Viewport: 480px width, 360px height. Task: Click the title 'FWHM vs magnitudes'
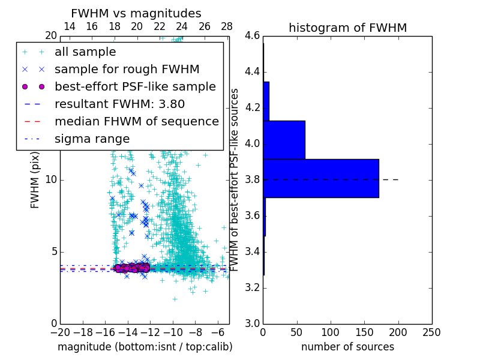click(x=136, y=13)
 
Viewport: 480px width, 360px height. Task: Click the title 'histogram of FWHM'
click(x=347, y=28)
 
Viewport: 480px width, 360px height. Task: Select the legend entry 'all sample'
click(x=85, y=52)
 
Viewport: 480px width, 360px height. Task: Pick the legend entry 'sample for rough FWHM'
click(x=127, y=70)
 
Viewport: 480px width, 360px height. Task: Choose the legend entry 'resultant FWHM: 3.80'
click(x=119, y=104)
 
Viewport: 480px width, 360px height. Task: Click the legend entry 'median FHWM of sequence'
click(x=136, y=121)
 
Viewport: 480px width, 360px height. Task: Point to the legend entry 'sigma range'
click(x=92, y=139)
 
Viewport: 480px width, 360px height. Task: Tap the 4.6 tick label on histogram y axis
click(x=253, y=36)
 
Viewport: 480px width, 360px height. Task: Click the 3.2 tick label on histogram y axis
click(x=253, y=287)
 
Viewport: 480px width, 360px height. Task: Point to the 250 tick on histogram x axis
click(x=431, y=332)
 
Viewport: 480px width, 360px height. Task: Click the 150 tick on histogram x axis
click(x=364, y=332)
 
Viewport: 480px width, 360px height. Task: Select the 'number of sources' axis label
click(x=347, y=347)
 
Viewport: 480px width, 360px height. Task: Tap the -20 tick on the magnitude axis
click(x=60, y=332)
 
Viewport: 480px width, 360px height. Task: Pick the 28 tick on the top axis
click(x=226, y=26)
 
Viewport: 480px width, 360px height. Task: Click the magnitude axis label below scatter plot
click(x=145, y=347)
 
